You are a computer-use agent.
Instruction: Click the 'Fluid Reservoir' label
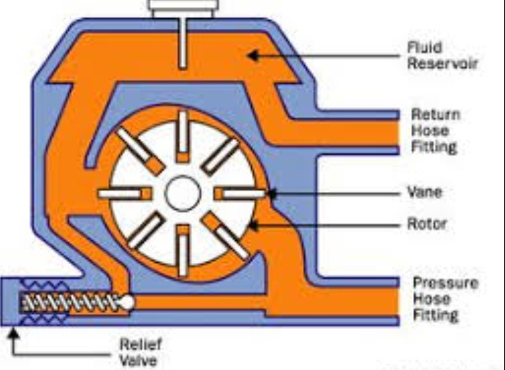click(442, 56)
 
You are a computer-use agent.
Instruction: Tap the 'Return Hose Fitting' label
click(434, 130)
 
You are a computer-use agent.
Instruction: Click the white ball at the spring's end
click(128, 302)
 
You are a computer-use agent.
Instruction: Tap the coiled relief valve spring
click(70, 303)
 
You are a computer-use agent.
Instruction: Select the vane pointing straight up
click(183, 136)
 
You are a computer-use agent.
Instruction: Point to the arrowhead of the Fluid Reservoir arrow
click(252, 53)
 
